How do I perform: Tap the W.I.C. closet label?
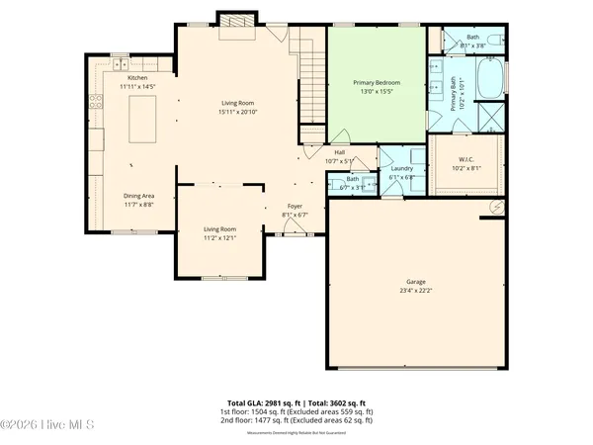click(467, 159)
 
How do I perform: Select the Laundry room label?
click(401, 168)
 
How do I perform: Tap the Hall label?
click(339, 151)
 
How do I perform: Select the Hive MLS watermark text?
click(47, 426)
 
